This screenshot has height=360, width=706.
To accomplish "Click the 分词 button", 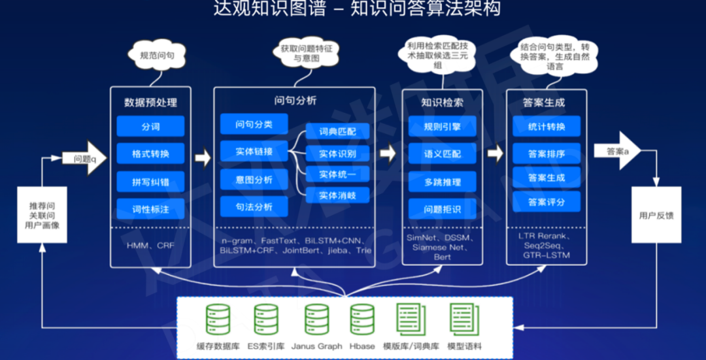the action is pos(150,127).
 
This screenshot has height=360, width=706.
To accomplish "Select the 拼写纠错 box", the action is pos(150,182).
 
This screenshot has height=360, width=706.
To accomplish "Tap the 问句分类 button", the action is pos(254,123).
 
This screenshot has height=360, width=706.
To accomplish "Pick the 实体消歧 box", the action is pos(338,195).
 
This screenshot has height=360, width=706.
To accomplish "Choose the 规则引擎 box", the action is pos(442,127).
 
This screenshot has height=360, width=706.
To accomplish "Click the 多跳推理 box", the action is pos(442,182).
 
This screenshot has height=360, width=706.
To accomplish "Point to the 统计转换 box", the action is pos(546,127).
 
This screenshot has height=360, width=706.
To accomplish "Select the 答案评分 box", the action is pos(546,202).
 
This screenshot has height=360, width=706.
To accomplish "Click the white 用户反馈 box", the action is pos(656,215).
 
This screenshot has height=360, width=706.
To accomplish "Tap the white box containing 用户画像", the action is pos(42,215).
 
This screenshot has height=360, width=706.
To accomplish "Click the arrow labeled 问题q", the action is pos(84,158).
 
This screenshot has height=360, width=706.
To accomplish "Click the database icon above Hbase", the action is pos(362,319).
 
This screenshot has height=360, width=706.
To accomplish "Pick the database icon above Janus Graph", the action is pos(316,319).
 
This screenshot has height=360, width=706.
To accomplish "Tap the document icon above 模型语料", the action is pos(465,319).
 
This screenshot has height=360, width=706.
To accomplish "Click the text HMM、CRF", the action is pos(150,246).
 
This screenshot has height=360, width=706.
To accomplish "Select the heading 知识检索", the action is pos(442,103).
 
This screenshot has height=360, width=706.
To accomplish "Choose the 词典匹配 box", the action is pos(338,131).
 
